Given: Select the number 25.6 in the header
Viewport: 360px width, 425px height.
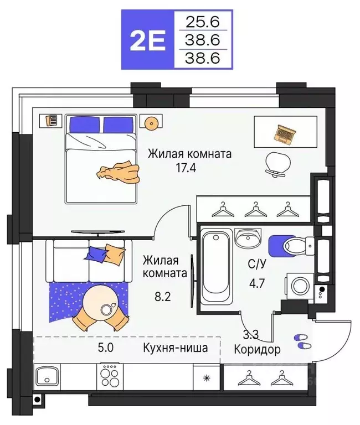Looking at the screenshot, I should click(x=201, y=22).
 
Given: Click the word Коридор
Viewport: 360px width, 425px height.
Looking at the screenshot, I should click(x=257, y=350).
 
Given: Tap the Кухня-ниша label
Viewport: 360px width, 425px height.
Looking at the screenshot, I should click(x=175, y=348).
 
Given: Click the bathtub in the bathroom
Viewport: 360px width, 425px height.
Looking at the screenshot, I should click(x=215, y=266).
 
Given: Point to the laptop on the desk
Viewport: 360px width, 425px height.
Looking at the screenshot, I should click(x=286, y=133).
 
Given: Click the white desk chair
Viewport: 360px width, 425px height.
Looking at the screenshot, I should click(x=277, y=163).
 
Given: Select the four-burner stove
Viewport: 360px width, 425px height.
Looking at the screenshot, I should click(x=110, y=377).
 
